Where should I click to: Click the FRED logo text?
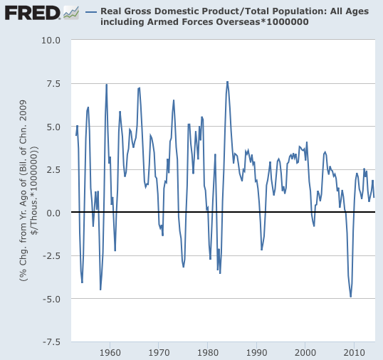point(31,13)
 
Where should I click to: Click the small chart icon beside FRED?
point(71,13)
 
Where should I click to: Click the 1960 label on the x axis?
point(110,352)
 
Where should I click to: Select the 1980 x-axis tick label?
point(208,352)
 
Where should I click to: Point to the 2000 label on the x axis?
point(305,352)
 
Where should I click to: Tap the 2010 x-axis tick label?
point(354,352)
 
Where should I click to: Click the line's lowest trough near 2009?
point(350,297)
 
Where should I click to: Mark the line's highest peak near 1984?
point(227,82)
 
